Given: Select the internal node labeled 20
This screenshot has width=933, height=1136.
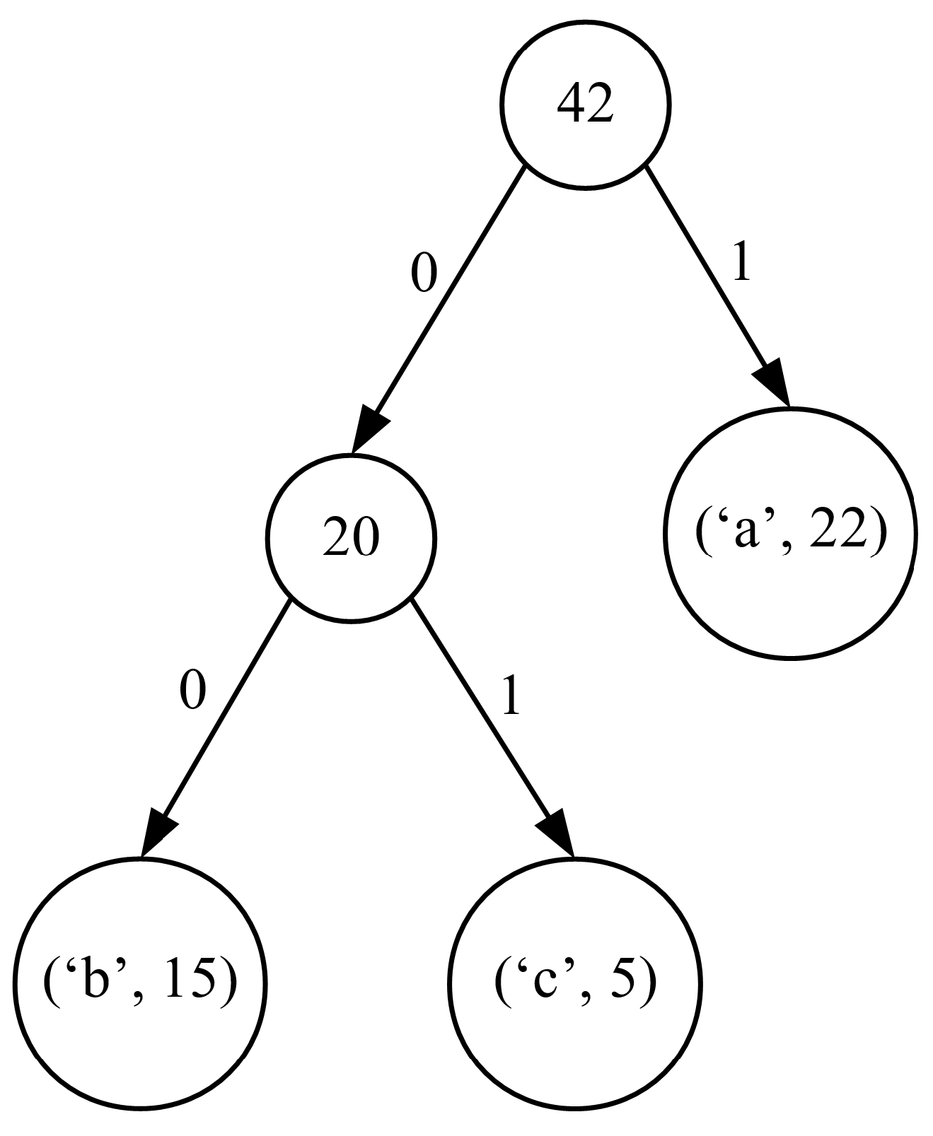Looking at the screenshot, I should point(351,539).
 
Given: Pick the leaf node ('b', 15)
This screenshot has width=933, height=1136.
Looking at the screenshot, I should point(139,983).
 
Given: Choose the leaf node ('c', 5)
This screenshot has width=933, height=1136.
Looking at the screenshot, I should point(574,983).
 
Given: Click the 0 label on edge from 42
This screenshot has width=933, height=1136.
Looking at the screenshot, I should point(424,274).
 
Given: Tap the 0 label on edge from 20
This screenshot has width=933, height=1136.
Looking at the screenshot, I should point(192,691).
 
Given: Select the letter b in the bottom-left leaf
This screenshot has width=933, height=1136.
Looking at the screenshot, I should point(93,981).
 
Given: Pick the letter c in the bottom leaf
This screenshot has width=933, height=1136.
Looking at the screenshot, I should point(542,984).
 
